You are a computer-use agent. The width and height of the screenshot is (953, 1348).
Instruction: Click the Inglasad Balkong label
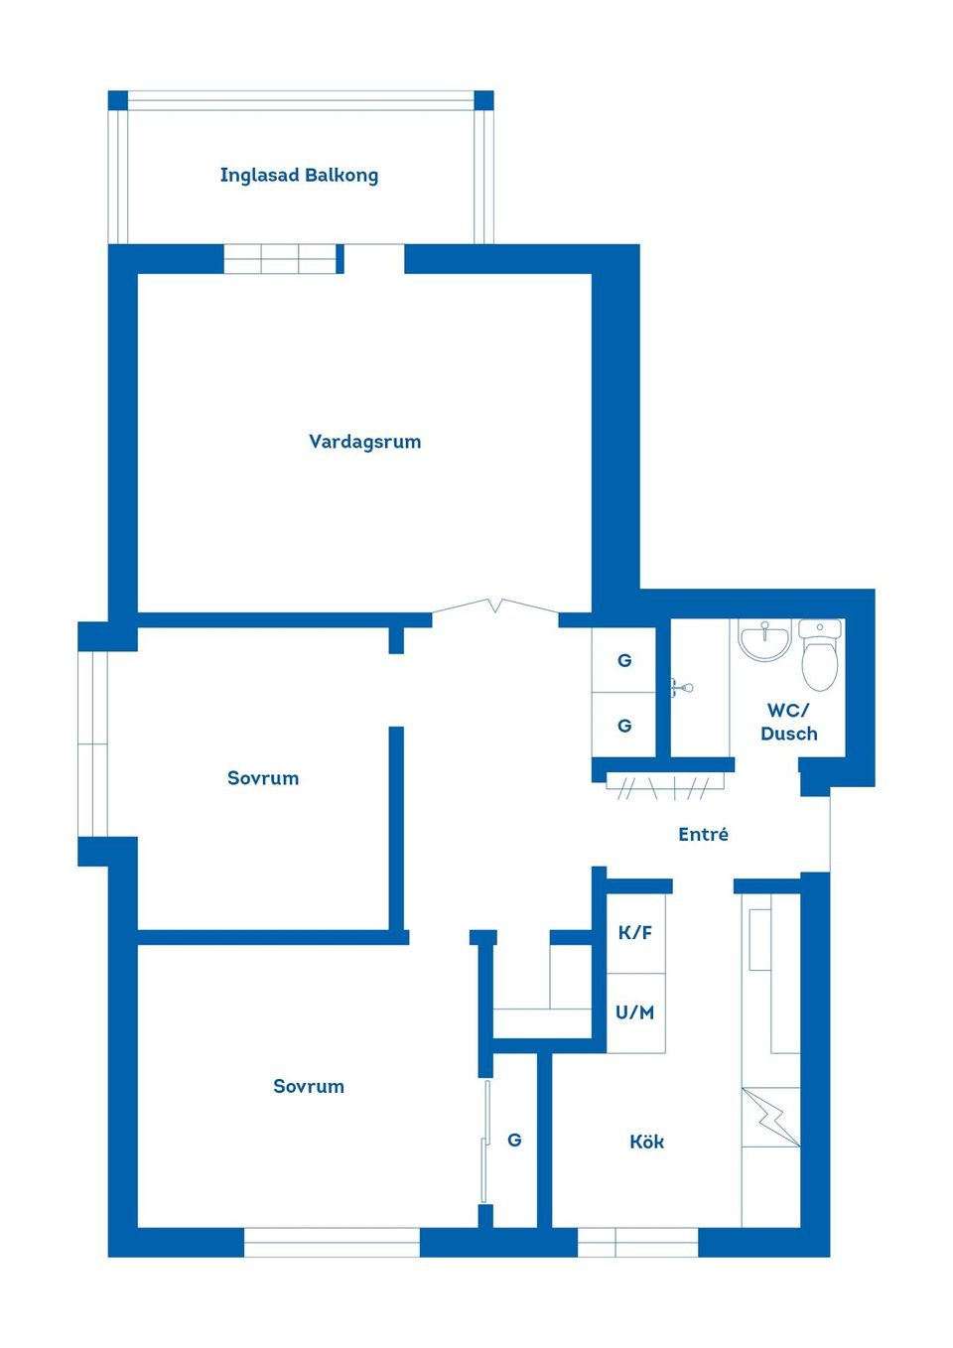coord(299,176)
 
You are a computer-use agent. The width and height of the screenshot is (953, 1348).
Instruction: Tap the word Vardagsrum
coord(364,442)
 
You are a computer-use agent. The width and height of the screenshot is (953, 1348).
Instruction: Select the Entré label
coord(703,835)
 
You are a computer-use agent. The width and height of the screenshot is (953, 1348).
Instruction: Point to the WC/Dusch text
coord(789,722)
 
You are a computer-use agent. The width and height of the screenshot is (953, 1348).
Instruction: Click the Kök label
coord(646,1142)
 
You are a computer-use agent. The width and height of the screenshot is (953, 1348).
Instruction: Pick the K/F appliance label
coord(635,932)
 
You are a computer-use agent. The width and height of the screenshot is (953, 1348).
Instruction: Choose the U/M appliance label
coord(635,1012)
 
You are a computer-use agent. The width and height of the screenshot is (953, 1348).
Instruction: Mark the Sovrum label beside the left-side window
coord(263,778)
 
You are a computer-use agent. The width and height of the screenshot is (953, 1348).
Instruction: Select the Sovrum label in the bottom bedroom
coord(309,1086)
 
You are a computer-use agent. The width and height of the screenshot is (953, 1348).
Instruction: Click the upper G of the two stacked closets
coord(624,660)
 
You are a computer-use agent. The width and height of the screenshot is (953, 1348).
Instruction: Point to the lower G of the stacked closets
coord(624,726)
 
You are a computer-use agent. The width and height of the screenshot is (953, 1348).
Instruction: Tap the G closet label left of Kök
coord(514,1140)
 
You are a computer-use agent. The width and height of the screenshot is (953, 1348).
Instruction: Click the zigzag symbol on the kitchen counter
coord(771,1117)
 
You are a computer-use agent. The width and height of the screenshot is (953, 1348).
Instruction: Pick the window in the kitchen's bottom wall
coord(638,1242)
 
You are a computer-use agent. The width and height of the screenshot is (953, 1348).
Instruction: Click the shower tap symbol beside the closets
coord(682,687)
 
